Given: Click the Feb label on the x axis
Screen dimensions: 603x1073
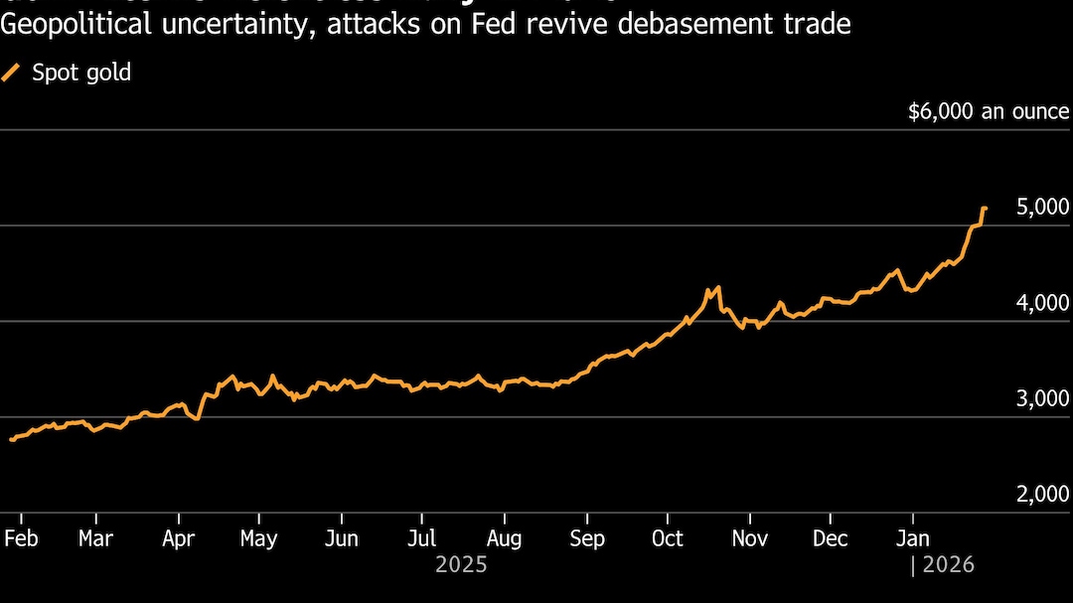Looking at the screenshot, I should coord(21,538).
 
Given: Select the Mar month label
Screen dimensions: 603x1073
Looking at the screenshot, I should coord(95,538).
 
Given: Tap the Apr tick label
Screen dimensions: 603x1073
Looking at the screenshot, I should coord(178,538).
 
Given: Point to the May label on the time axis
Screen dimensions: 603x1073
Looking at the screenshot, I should coord(258,538).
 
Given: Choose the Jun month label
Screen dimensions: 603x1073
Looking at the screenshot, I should coord(341,538).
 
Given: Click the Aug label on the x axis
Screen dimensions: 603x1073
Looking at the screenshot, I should coord(504,538).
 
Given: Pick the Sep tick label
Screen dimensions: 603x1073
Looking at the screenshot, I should coord(587,538).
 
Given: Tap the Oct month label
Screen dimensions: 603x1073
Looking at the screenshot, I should coord(667,538).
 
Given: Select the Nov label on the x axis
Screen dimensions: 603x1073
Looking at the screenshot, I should coord(749,538).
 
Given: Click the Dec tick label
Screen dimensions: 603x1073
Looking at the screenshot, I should coord(831,538).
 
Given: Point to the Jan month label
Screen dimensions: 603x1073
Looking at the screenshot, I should coord(912,538).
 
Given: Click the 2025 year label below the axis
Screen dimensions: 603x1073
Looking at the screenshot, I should coord(461,565).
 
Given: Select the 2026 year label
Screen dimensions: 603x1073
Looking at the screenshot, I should coord(949,565).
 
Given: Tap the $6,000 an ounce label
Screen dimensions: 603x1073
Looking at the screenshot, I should coord(989,112).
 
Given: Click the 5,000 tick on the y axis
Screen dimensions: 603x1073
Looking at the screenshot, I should coord(1042,207).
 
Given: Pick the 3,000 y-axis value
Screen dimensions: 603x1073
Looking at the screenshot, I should coord(1042,398).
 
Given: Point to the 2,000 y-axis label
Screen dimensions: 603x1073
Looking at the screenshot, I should coord(1042,494).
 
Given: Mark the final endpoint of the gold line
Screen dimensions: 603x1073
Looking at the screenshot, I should coord(985,209).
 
